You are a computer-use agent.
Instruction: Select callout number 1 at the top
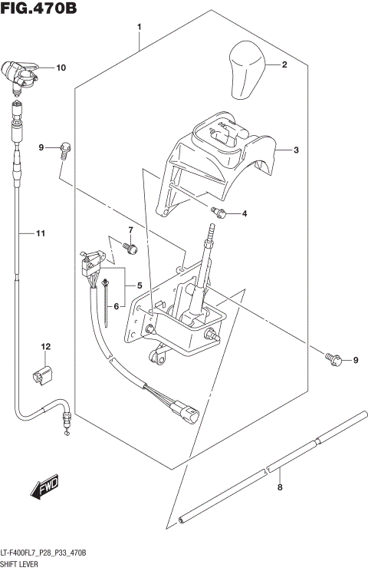pyautogui.click(x=139, y=28)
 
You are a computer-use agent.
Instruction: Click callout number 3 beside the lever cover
pyautogui.click(x=295, y=150)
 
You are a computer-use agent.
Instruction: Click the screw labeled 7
pyautogui.click(x=132, y=248)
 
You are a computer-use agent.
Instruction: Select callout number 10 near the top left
pyautogui.click(x=61, y=68)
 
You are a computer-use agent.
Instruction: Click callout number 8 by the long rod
pyautogui.click(x=280, y=487)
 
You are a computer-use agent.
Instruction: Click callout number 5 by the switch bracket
pyautogui.click(x=140, y=285)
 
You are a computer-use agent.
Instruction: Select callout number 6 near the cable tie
pyautogui.click(x=117, y=305)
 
